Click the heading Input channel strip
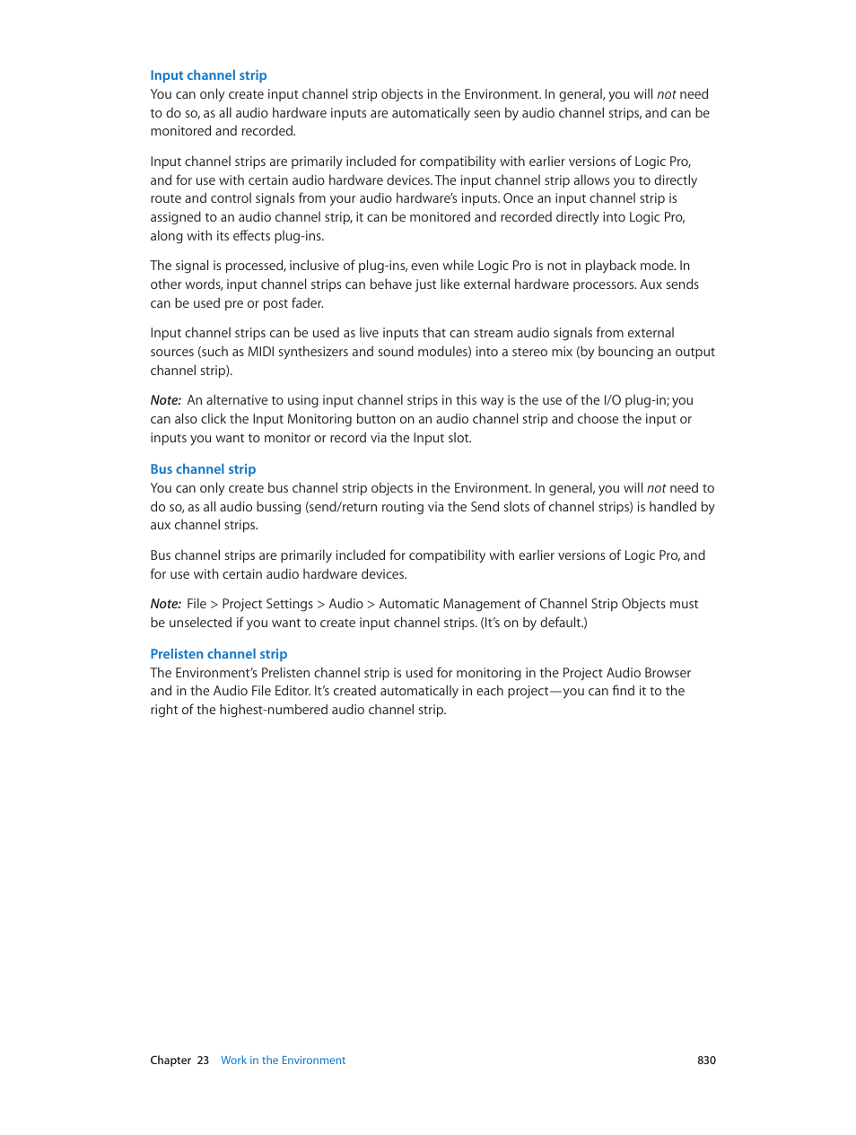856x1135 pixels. tap(208, 75)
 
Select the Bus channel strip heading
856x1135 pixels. tap(203, 469)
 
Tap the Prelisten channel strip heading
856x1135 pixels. tap(218, 654)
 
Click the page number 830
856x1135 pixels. tap(706, 1061)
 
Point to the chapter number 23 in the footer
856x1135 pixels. tap(203, 1061)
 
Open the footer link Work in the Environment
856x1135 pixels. tap(283, 1061)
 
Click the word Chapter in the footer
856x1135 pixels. tap(170, 1061)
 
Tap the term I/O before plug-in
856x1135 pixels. tap(612, 400)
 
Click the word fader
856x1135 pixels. tap(306, 303)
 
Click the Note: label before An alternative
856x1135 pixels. tap(166, 400)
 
